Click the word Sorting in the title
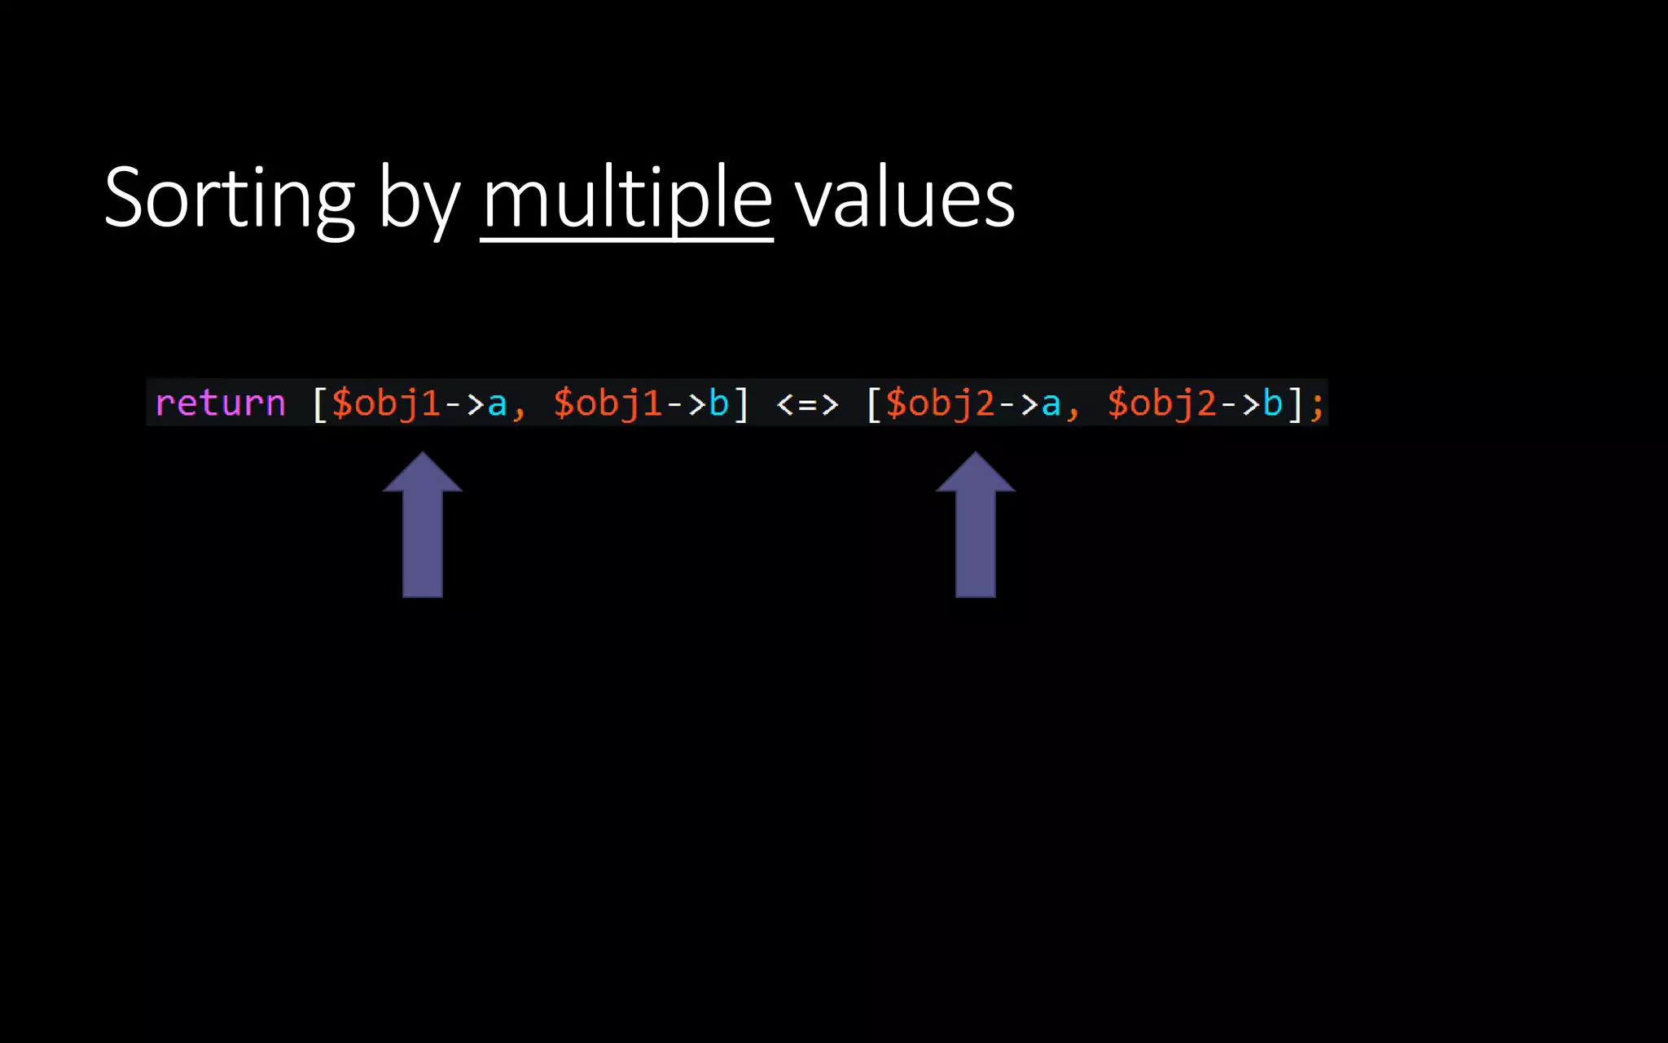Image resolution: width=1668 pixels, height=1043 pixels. [230, 198]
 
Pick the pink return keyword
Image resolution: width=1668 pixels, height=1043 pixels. [220, 403]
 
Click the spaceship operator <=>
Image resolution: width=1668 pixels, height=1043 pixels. [806, 403]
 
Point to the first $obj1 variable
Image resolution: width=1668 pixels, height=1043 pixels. [386, 403]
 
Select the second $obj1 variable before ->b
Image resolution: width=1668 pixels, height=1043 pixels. [608, 403]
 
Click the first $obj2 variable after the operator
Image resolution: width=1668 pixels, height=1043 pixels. [940, 403]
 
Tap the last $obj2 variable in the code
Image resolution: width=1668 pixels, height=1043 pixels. [1161, 403]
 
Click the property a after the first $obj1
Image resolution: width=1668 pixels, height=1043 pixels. [497, 404]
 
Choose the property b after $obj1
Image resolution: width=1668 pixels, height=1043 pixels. [718, 403]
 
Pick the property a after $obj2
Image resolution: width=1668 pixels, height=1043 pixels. [1051, 404]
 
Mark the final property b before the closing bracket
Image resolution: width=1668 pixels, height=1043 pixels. [1272, 403]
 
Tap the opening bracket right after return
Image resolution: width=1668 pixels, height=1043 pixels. [320, 404]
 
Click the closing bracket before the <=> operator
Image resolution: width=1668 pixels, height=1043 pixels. [740, 404]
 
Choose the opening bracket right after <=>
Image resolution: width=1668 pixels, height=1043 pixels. [874, 404]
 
